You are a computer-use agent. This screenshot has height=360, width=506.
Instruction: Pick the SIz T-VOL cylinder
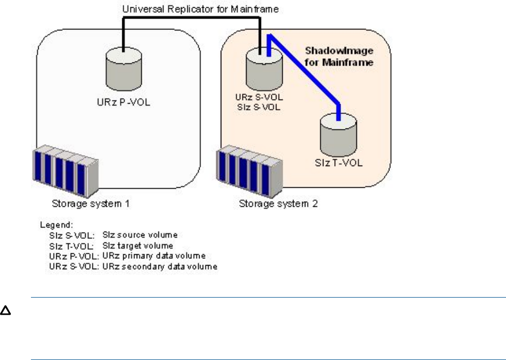click(x=338, y=135)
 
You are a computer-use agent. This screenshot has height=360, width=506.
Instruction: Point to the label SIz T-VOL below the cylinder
click(x=338, y=163)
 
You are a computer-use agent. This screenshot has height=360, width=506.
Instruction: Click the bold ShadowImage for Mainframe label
click(x=338, y=56)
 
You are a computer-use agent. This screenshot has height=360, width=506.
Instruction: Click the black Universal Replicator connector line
click(x=196, y=20)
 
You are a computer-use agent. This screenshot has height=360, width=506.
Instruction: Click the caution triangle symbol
click(x=6, y=311)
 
